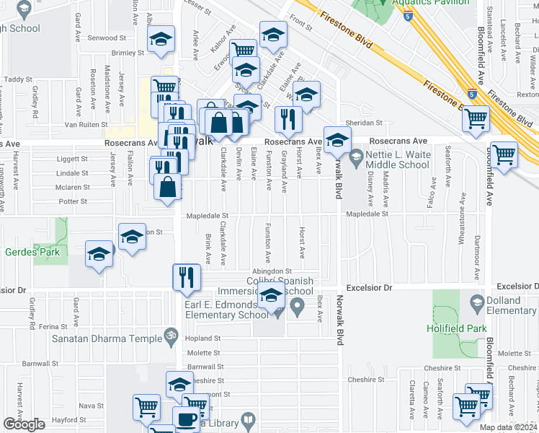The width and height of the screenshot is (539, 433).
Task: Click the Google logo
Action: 24,424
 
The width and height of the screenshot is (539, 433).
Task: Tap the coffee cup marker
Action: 187,419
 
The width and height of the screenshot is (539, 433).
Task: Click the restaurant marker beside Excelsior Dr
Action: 187,278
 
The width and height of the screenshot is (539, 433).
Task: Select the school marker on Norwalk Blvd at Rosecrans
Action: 337,140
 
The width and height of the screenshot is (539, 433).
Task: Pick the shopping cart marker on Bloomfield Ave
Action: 503,154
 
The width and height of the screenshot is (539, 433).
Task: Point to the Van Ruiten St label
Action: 85,123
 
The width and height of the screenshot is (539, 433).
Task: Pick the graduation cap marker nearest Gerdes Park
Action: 99,255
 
